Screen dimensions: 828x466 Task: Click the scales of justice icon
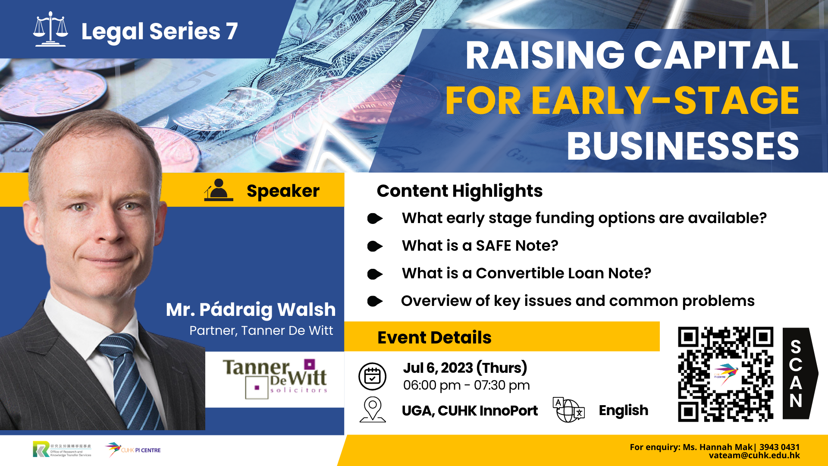click(50, 29)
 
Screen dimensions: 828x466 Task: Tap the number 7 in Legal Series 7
click(232, 31)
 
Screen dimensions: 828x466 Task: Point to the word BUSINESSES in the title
click(683, 146)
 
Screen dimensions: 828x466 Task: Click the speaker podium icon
click(219, 190)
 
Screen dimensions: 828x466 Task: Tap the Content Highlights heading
click(460, 191)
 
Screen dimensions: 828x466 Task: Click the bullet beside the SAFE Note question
click(375, 246)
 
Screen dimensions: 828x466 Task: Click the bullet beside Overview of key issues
click(375, 301)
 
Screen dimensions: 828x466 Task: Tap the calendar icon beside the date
click(372, 376)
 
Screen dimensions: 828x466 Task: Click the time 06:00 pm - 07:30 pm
click(467, 385)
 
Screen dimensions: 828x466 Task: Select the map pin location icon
click(373, 409)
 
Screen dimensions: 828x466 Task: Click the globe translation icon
click(569, 409)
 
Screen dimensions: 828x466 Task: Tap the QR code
click(725, 374)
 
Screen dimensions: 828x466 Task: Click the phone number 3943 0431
click(779, 447)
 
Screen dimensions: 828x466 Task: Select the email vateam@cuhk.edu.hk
click(754, 456)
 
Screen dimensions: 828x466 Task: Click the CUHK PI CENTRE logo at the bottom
click(133, 450)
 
